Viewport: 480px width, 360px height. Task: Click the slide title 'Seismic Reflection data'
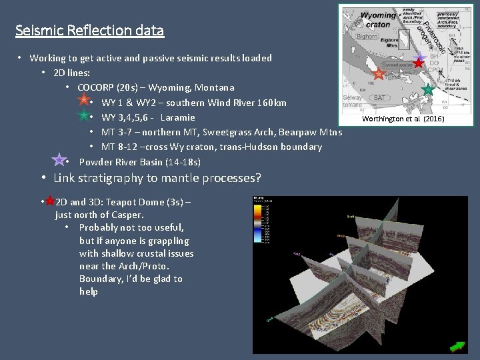point(90,31)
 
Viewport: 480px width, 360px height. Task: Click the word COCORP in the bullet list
point(99,87)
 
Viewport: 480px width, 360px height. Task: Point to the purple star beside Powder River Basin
point(59,159)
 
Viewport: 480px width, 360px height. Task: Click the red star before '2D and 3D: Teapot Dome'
point(49,200)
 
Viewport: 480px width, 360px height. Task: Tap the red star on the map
point(418,63)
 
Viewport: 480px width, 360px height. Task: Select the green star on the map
point(427,89)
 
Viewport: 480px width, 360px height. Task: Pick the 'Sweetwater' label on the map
point(399,66)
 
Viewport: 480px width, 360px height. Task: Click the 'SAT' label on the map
point(379,97)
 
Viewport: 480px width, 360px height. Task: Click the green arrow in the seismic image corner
point(457,346)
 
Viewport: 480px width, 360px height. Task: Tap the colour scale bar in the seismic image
point(257,220)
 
